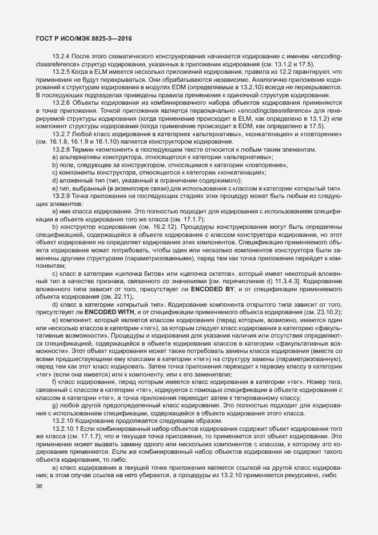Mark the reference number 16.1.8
coord(57,141)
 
